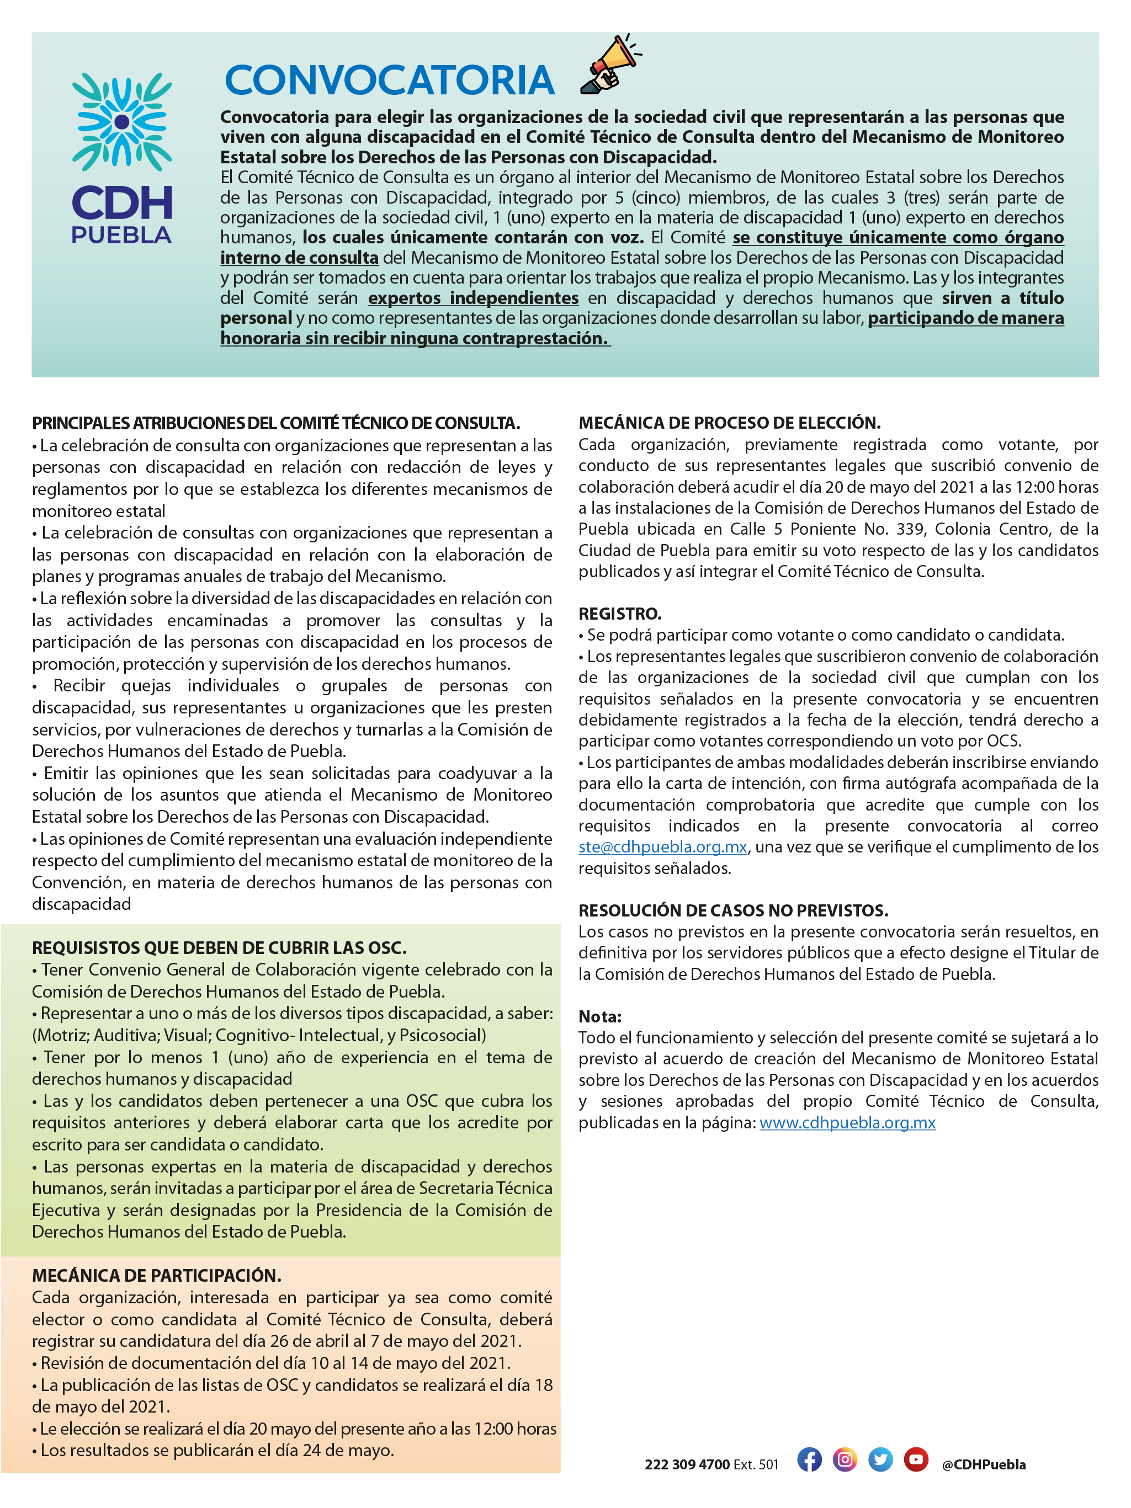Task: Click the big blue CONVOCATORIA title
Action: [390, 81]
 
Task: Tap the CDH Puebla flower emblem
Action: [121, 122]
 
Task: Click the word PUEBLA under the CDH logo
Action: [121, 235]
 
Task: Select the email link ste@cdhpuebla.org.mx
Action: [662, 847]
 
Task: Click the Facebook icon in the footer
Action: [809, 1459]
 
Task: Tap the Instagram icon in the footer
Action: [845, 1459]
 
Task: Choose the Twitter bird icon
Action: [880, 1459]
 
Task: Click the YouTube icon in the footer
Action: [915, 1459]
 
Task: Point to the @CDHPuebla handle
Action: [983, 1464]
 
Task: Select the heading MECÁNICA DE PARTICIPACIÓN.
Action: [156, 1276]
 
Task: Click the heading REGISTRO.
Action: [620, 614]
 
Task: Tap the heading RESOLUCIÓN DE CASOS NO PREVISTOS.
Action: [734, 910]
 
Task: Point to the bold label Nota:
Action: [599, 1016]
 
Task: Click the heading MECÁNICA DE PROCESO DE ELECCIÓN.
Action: [729, 423]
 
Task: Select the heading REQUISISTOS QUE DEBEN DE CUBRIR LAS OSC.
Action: [219, 947]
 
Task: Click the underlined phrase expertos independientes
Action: [474, 298]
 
